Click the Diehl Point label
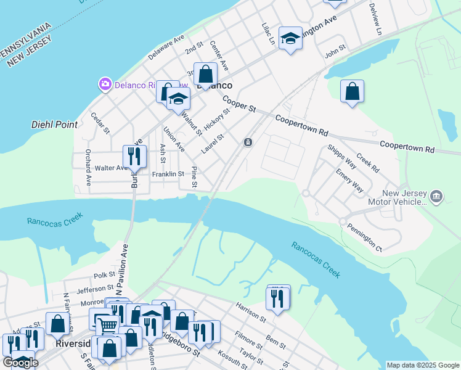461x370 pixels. click(x=55, y=125)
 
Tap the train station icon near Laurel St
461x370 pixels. click(x=247, y=142)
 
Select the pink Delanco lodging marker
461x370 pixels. click(x=105, y=84)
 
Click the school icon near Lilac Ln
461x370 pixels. click(x=290, y=39)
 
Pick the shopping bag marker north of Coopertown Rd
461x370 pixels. click(x=351, y=92)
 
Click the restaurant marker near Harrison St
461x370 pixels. click(x=277, y=299)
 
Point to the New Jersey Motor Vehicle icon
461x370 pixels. click(x=436, y=196)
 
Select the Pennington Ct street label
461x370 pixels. click(x=364, y=239)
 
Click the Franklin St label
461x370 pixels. click(x=168, y=175)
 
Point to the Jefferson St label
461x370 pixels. click(x=96, y=288)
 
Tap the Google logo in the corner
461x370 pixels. click(x=20, y=363)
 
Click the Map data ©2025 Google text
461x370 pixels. click(x=423, y=365)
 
